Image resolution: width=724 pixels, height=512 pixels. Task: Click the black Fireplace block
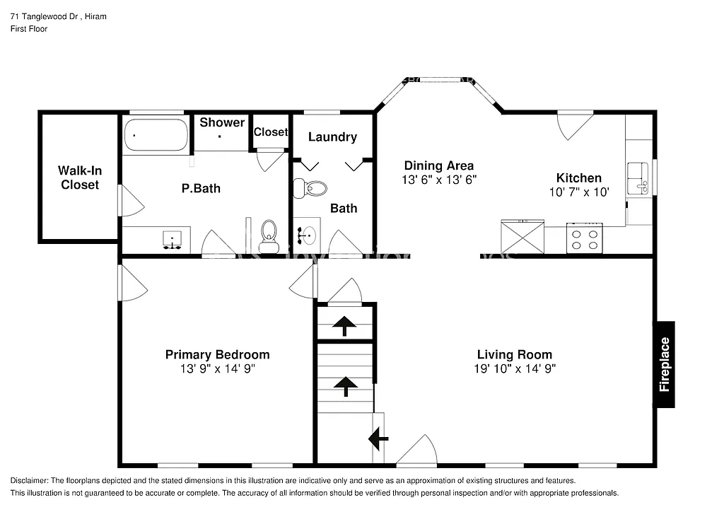[664, 364]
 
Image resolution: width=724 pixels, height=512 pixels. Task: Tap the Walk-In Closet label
[78, 178]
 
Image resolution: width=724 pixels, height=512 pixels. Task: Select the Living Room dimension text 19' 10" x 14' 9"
[514, 368]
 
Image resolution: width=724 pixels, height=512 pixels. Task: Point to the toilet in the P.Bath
[268, 234]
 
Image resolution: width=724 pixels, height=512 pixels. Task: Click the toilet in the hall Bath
[311, 188]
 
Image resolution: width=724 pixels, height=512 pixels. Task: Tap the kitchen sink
[638, 177]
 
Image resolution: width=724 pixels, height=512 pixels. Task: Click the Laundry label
[332, 137]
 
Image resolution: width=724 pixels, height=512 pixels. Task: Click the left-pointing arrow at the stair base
[378, 439]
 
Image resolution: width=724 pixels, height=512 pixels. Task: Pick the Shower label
[222, 122]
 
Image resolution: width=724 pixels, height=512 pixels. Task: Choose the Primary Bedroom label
[217, 354]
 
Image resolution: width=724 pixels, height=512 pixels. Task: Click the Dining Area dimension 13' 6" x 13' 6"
[439, 180]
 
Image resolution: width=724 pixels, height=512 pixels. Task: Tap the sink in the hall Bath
[307, 234]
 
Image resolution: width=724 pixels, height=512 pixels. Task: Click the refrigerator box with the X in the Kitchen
[522, 235]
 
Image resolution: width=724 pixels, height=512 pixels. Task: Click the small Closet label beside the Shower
[271, 132]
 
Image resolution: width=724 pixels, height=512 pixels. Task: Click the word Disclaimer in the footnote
[29, 480]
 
